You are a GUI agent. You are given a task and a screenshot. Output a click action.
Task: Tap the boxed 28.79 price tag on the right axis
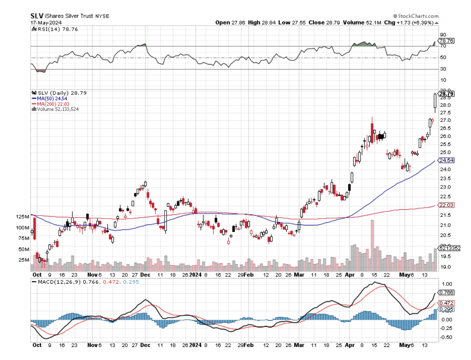coord(446,94)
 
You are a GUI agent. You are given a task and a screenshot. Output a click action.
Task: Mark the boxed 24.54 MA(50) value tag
coord(446,160)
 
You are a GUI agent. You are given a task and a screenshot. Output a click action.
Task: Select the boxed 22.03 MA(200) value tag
coord(446,205)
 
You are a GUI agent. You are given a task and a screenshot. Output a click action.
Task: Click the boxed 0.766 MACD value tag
coord(446,292)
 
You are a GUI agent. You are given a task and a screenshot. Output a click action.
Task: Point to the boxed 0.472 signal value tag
coord(446,303)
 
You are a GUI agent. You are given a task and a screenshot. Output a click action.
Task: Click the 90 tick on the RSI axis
coord(443,35)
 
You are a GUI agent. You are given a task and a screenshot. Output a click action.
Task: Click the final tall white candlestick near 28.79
coord(435,101)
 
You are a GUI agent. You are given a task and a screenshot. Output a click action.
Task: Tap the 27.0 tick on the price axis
coord(446,120)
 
